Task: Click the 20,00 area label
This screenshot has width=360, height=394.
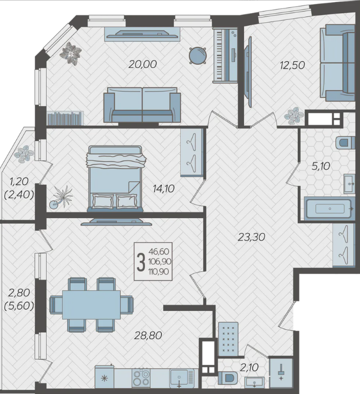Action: click(142, 64)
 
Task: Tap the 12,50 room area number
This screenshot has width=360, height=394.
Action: click(293, 65)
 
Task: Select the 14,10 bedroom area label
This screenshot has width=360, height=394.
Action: click(163, 189)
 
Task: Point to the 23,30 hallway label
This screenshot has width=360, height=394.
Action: click(251, 237)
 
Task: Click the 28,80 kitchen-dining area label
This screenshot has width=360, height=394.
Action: click(148, 335)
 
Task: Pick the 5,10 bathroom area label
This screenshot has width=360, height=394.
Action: click(321, 166)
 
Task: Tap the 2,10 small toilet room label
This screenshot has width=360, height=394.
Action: click(249, 368)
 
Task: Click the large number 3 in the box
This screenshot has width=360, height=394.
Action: click(141, 262)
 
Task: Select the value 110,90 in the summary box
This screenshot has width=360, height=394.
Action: click(159, 272)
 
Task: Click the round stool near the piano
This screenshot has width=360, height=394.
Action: click(198, 55)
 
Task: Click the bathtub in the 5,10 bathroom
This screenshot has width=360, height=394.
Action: click(329, 208)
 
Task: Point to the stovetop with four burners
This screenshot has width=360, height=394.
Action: click(142, 378)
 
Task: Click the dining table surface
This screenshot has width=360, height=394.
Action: click(91, 304)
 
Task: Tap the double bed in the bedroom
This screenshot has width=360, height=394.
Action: click(115, 179)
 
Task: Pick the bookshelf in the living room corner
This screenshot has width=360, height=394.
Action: click(65, 118)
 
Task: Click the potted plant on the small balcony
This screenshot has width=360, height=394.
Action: click(24, 154)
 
